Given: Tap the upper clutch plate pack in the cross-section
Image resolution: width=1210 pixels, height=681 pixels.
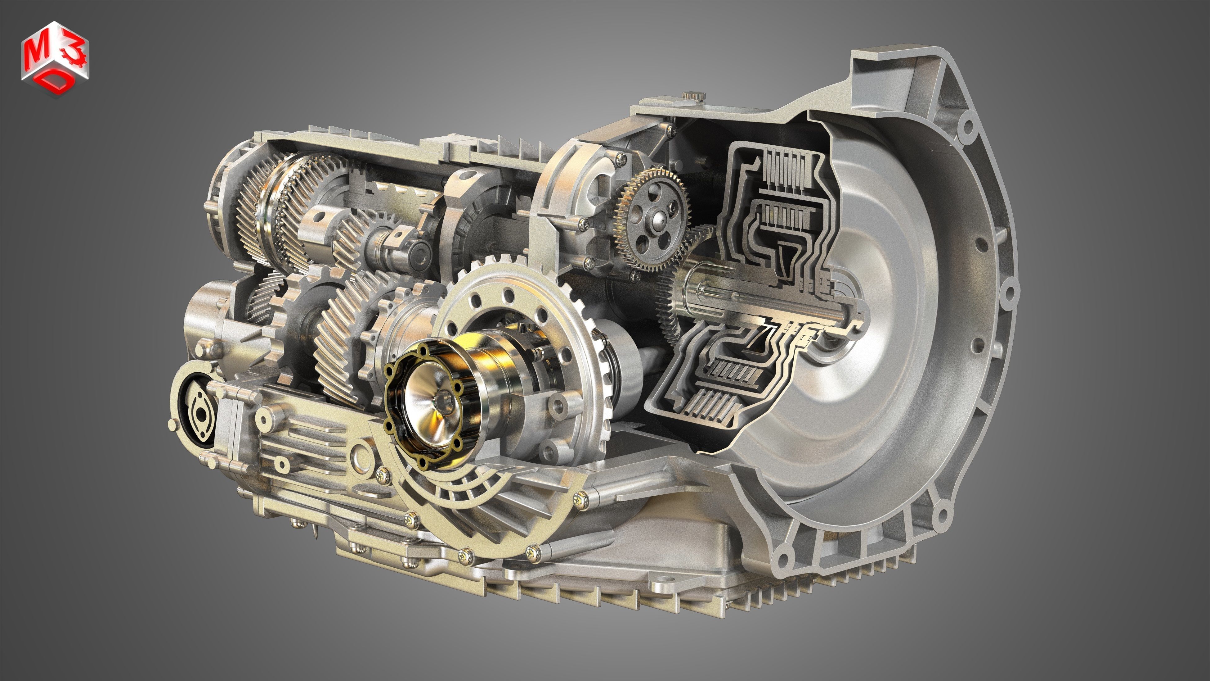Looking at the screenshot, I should click(x=784, y=169).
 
